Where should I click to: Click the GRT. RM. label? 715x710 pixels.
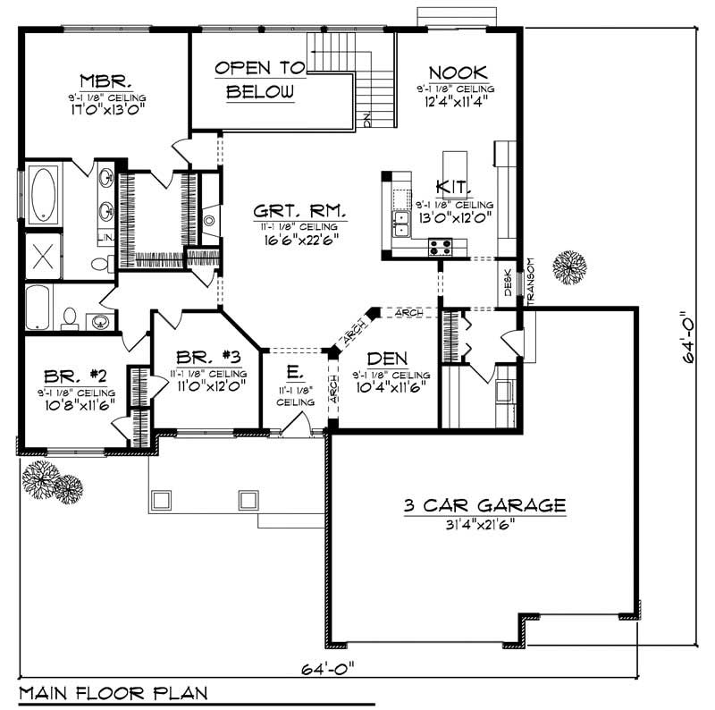click(287, 212)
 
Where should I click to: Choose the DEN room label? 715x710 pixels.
click(386, 358)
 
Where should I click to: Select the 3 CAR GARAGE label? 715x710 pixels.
click(484, 506)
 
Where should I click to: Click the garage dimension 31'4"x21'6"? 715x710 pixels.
click(484, 524)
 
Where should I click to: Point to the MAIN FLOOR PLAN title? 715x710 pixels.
click(113, 692)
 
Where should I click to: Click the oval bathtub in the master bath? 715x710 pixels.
click(43, 194)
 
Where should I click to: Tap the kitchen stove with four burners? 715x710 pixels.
click(440, 246)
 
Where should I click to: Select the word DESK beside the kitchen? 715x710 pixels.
click(508, 283)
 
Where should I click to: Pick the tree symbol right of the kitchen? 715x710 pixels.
click(568, 267)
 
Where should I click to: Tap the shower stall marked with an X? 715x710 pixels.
click(42, 256)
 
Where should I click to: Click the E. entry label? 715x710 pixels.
click(295, 370)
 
